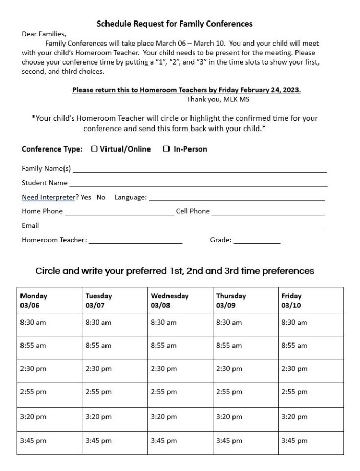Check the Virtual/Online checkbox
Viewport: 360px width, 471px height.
pyautogui.click(x=94, y=149)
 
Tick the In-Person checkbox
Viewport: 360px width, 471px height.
pyautogui.click(x=166, y=149)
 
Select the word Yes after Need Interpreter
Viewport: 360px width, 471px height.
pyautogui.click(x=86, y=197)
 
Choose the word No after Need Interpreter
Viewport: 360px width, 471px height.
pyautogui.click(x=101, y=197)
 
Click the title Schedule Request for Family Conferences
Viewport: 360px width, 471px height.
pyautogui.click(x=175, y=24)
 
